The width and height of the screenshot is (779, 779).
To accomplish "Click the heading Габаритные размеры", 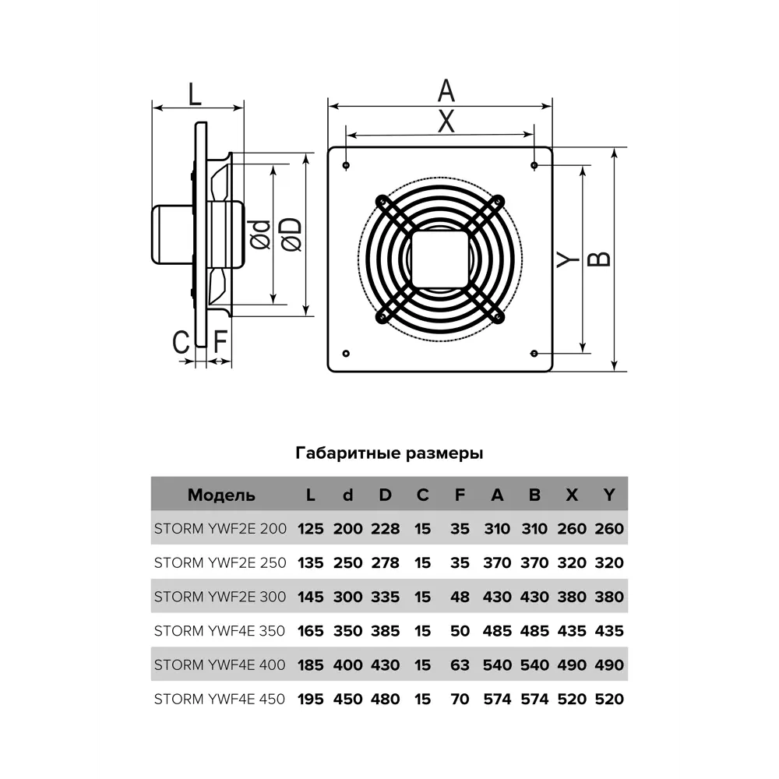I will (x=389, y=453).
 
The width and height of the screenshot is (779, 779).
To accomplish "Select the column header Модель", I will (x=221, y=495).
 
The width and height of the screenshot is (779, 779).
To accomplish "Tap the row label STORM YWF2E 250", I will (x=220, y=562).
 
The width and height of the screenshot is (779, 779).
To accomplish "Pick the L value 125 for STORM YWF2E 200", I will (x=310, y=529).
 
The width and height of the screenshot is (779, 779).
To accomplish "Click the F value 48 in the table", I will (x=460, y=597).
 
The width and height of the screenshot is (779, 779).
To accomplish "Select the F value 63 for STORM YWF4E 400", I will (x=460, y=665).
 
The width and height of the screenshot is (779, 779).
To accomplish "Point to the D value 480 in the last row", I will (x=385, y=699).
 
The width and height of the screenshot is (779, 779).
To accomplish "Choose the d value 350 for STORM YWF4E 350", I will (x=347, y=631).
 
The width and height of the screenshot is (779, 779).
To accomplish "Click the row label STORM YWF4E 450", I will (x=220, y=699).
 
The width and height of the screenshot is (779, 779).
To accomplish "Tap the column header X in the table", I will (x=572, y=495).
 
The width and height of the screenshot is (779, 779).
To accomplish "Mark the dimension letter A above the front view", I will (x=446, y=90).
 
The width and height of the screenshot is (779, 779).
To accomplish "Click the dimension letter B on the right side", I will (x=598, y=258).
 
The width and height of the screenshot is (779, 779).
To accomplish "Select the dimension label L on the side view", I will (x=195, y=94).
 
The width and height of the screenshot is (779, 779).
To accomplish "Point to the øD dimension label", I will (x=290, y=234).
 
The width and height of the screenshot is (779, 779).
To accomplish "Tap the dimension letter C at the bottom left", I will (x=182, y=342).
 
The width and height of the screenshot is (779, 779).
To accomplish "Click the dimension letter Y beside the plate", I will (x=568, y=258).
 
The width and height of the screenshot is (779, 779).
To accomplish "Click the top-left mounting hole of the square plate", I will (x=345, y=165).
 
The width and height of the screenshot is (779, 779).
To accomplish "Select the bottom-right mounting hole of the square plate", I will (x=534, y=352).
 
